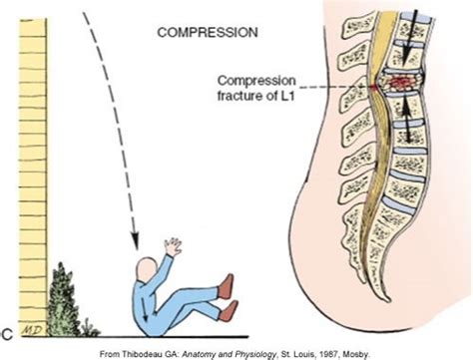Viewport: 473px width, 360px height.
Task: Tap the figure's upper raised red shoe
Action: coord(226,287)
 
